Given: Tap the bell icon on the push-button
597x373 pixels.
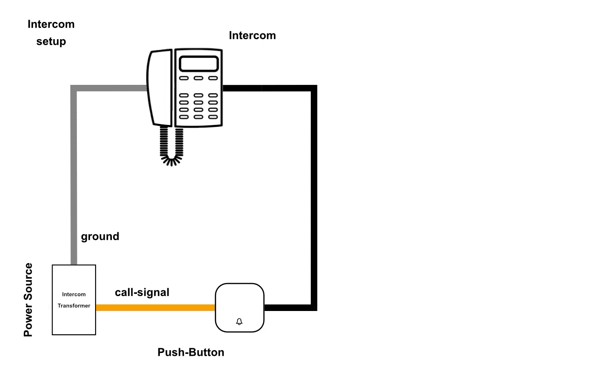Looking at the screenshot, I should tap(240, 322).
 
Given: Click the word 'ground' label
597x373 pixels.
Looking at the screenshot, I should tap(100, 236).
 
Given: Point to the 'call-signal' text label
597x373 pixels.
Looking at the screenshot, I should tap(142, 293).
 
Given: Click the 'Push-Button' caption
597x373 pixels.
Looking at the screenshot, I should tap(191, 352).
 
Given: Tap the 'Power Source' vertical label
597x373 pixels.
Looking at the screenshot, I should tap(28, 300).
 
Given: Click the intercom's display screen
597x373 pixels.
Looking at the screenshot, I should tap(199, 64).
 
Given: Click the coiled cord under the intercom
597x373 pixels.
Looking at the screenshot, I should tap(172, 147).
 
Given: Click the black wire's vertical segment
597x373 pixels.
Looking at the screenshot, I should tap(314, 196).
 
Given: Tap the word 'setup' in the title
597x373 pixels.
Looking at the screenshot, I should tap(51, 41).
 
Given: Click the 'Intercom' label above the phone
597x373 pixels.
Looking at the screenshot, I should tap(252, 35).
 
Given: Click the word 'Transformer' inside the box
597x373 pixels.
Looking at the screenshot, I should tap(74, 306).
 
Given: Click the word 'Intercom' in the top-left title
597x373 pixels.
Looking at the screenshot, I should tap(51, 24).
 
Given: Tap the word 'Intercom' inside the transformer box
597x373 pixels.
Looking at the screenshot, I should tap(74, 295).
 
